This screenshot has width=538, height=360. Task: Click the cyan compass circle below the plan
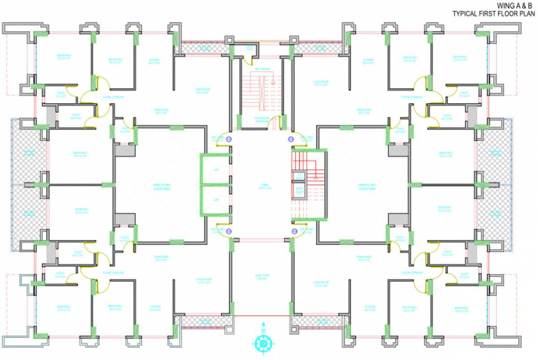pyautogui.click(x=263, y=345)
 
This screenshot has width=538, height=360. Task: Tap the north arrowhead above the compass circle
pyautogui.click(x=263, y=323)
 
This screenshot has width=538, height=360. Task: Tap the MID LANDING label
pyautogui.click(x=262, y=69)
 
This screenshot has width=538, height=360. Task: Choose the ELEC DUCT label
pyautogui.click(x=299, y=190)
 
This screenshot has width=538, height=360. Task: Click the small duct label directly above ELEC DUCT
pyautogui.click(x=299, y=176)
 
